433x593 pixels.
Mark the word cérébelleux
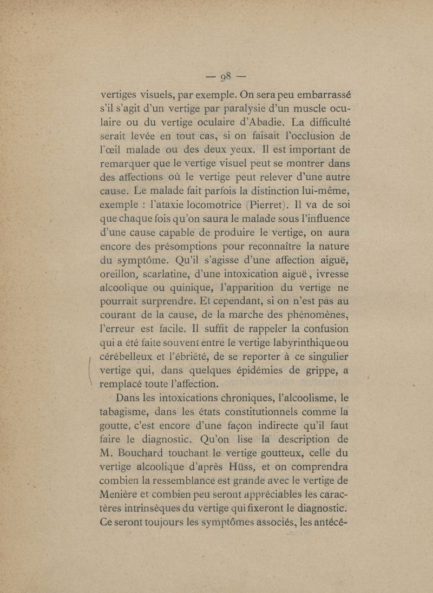(x=123, y=357)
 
